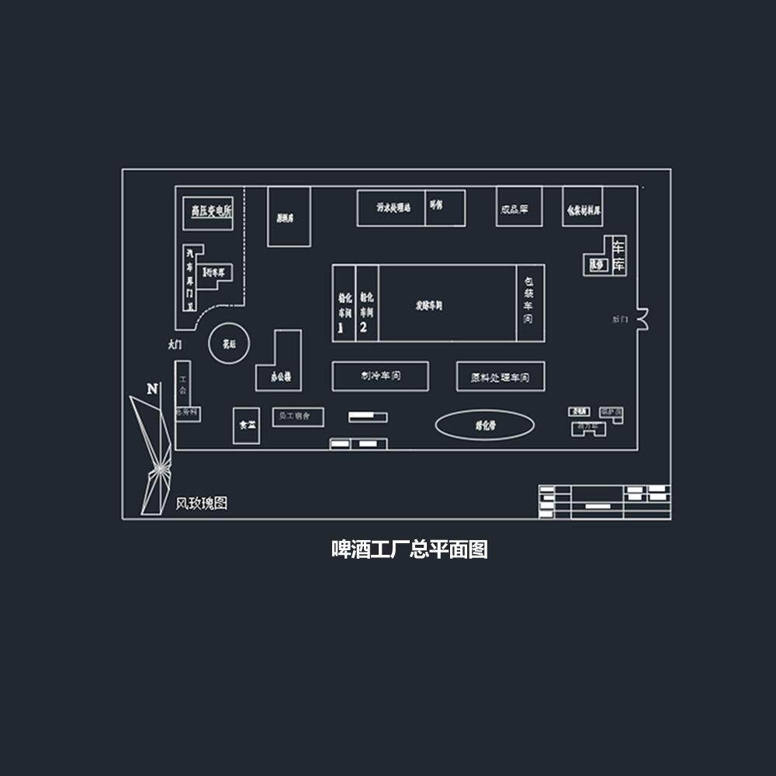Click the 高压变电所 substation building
click(207, 210)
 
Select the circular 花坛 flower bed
click(229, 342)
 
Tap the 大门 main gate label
click(175, 344)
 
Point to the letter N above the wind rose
click(152, 388)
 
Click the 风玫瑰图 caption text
click(201, 504)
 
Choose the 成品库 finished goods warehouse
click(514, 208)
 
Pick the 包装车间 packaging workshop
click(529, 303)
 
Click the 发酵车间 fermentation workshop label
click(428, 306)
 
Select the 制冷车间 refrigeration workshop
click(380, 376)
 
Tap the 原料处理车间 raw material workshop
click(500, 377)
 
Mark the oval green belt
click(484, 425)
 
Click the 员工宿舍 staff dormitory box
click(297, 417)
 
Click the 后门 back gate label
click(619, 319)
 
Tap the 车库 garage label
click(618, 255)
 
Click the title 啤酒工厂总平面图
click(409, 550)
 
